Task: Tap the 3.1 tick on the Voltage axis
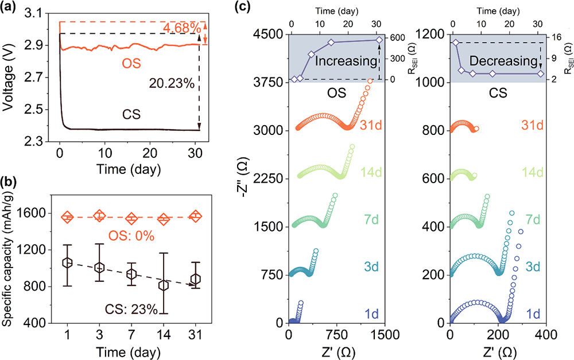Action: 42,14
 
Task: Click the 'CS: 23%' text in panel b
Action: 130,310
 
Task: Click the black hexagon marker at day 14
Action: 164,285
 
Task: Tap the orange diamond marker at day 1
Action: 68,217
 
